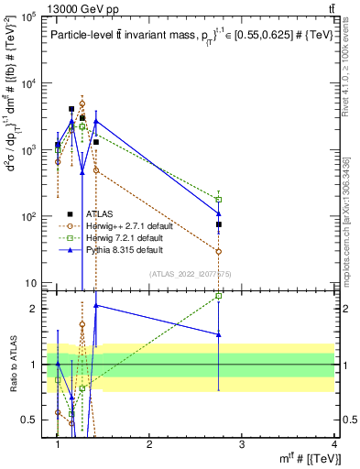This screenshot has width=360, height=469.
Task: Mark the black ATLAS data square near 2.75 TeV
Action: [x=219, y=224]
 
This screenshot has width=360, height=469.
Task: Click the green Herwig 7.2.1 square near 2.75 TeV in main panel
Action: [x=219, y=199]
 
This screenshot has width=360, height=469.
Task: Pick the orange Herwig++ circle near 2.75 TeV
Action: [x=219, y=251]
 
